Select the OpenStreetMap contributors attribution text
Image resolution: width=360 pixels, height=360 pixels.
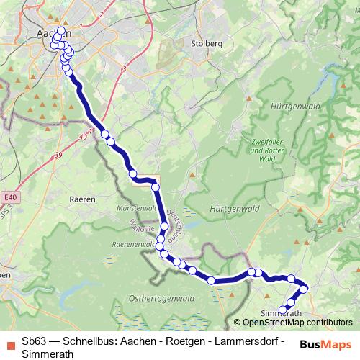[297, 323]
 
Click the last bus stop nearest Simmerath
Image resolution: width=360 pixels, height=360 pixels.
[283, 310]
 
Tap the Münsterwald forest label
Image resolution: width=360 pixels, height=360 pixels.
[136, 208]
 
